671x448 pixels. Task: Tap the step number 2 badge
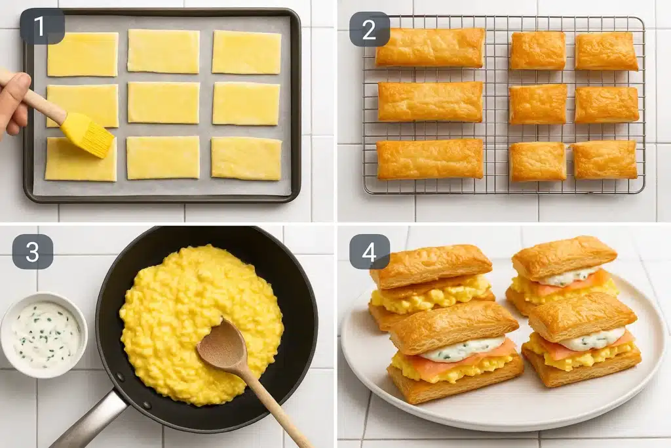pyautogui.click(x=369, y=29)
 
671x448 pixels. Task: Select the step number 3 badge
pyautogui.click(x=32, y=251)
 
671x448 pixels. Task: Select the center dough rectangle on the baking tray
pyautogui.click(x=163, y=102)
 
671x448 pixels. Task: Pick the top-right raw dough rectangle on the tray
pyautogui.click(x=246, y=52)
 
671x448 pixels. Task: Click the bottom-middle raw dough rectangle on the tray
pyautogui.click(x=163, y=157)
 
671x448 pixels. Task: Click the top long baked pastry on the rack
pyautogui.click(x=430, y=47)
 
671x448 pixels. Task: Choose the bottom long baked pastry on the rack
pyautogui.click(x=430, y=159)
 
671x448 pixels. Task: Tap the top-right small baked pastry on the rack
pyautogui.click(x=606, y=51)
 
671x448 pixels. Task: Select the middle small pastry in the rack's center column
pyautogui.click(x=537, y=104)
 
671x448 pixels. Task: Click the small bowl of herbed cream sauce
pyautogui.click(x=44, y=335)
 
